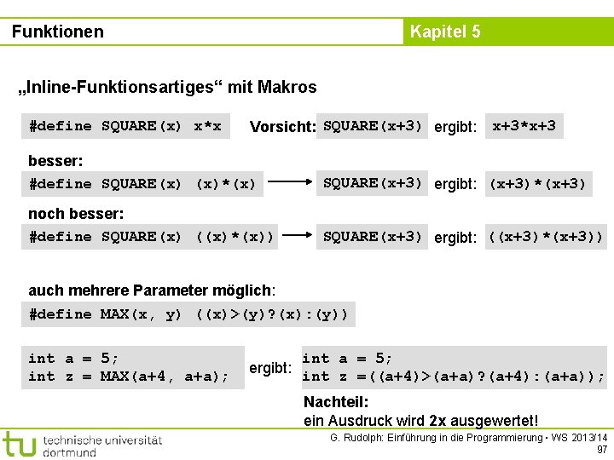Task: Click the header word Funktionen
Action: click(58, 32)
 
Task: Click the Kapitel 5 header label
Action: click(445, 32)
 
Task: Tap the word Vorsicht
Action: click(282, 127)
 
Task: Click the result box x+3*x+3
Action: click(524, 126)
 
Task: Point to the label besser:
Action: click(55, 160)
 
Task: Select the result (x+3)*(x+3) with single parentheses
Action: click(536, 183)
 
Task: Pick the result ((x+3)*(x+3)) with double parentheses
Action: click(545, 237)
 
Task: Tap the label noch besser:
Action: click(76, 213)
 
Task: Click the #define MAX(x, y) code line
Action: click(188, 314)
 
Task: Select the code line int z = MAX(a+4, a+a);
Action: click(129, 377)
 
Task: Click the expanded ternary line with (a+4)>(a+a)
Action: click(454, 377)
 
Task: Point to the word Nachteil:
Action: click(336, 402)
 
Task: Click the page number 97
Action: click(602, 449)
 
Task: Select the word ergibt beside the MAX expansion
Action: click(270, 368)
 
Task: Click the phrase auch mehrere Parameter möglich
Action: click(151, 290)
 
